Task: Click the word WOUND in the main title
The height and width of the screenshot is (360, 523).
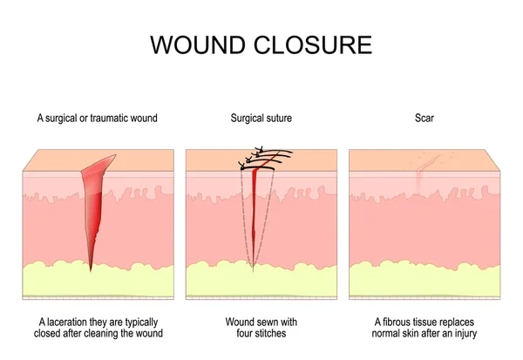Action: point(194,44)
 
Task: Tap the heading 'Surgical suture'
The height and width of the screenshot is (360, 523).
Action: point(261,117)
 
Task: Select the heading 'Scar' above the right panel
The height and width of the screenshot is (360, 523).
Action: point(425,117)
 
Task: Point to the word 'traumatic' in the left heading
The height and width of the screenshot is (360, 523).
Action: point(110,117)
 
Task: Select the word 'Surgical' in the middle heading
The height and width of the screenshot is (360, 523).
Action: point(247,117)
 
